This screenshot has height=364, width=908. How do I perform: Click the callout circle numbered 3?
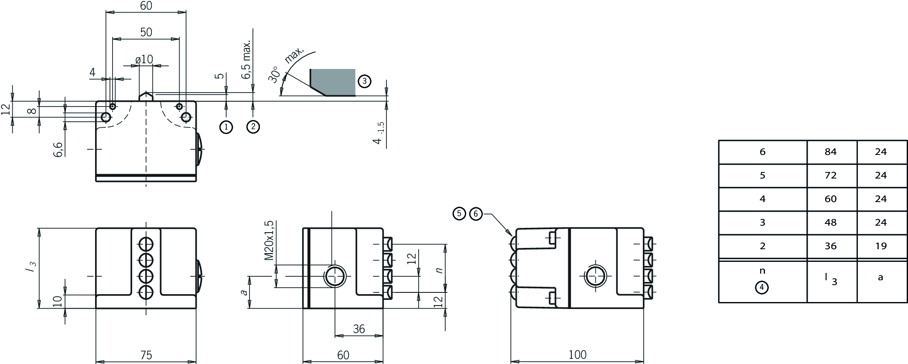(x=364, y=81)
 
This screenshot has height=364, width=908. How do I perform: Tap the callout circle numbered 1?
(x=226, y=127)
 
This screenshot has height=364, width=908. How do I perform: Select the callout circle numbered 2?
(x=253, y=127)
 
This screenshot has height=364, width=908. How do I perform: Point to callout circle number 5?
(x=460, y=214)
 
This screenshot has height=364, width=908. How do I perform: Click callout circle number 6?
(x=476, y=214)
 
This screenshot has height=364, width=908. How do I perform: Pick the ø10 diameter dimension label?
(x=144, y=59)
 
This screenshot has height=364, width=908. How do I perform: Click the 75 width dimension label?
(x=146, y=355)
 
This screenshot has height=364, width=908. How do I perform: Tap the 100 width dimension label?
(x=577, y=355)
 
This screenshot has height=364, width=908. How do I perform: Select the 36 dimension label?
(x=359, y=329)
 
